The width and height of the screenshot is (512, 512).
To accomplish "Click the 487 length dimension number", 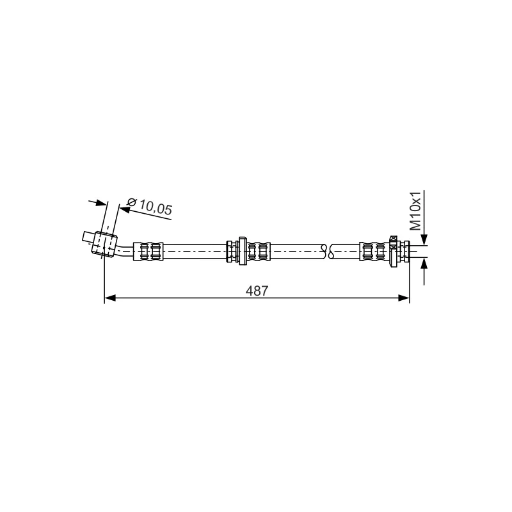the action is [x=257, y=291].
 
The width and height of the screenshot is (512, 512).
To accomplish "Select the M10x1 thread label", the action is [x=416, y=211].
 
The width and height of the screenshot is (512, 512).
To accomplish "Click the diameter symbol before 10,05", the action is [x=131, y=202].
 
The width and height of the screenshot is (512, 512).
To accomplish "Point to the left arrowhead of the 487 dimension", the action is [x=110, y=298].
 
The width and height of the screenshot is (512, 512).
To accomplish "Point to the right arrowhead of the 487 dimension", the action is [x=404, y=298].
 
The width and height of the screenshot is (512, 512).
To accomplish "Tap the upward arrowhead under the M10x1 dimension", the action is [x=424, y=263].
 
